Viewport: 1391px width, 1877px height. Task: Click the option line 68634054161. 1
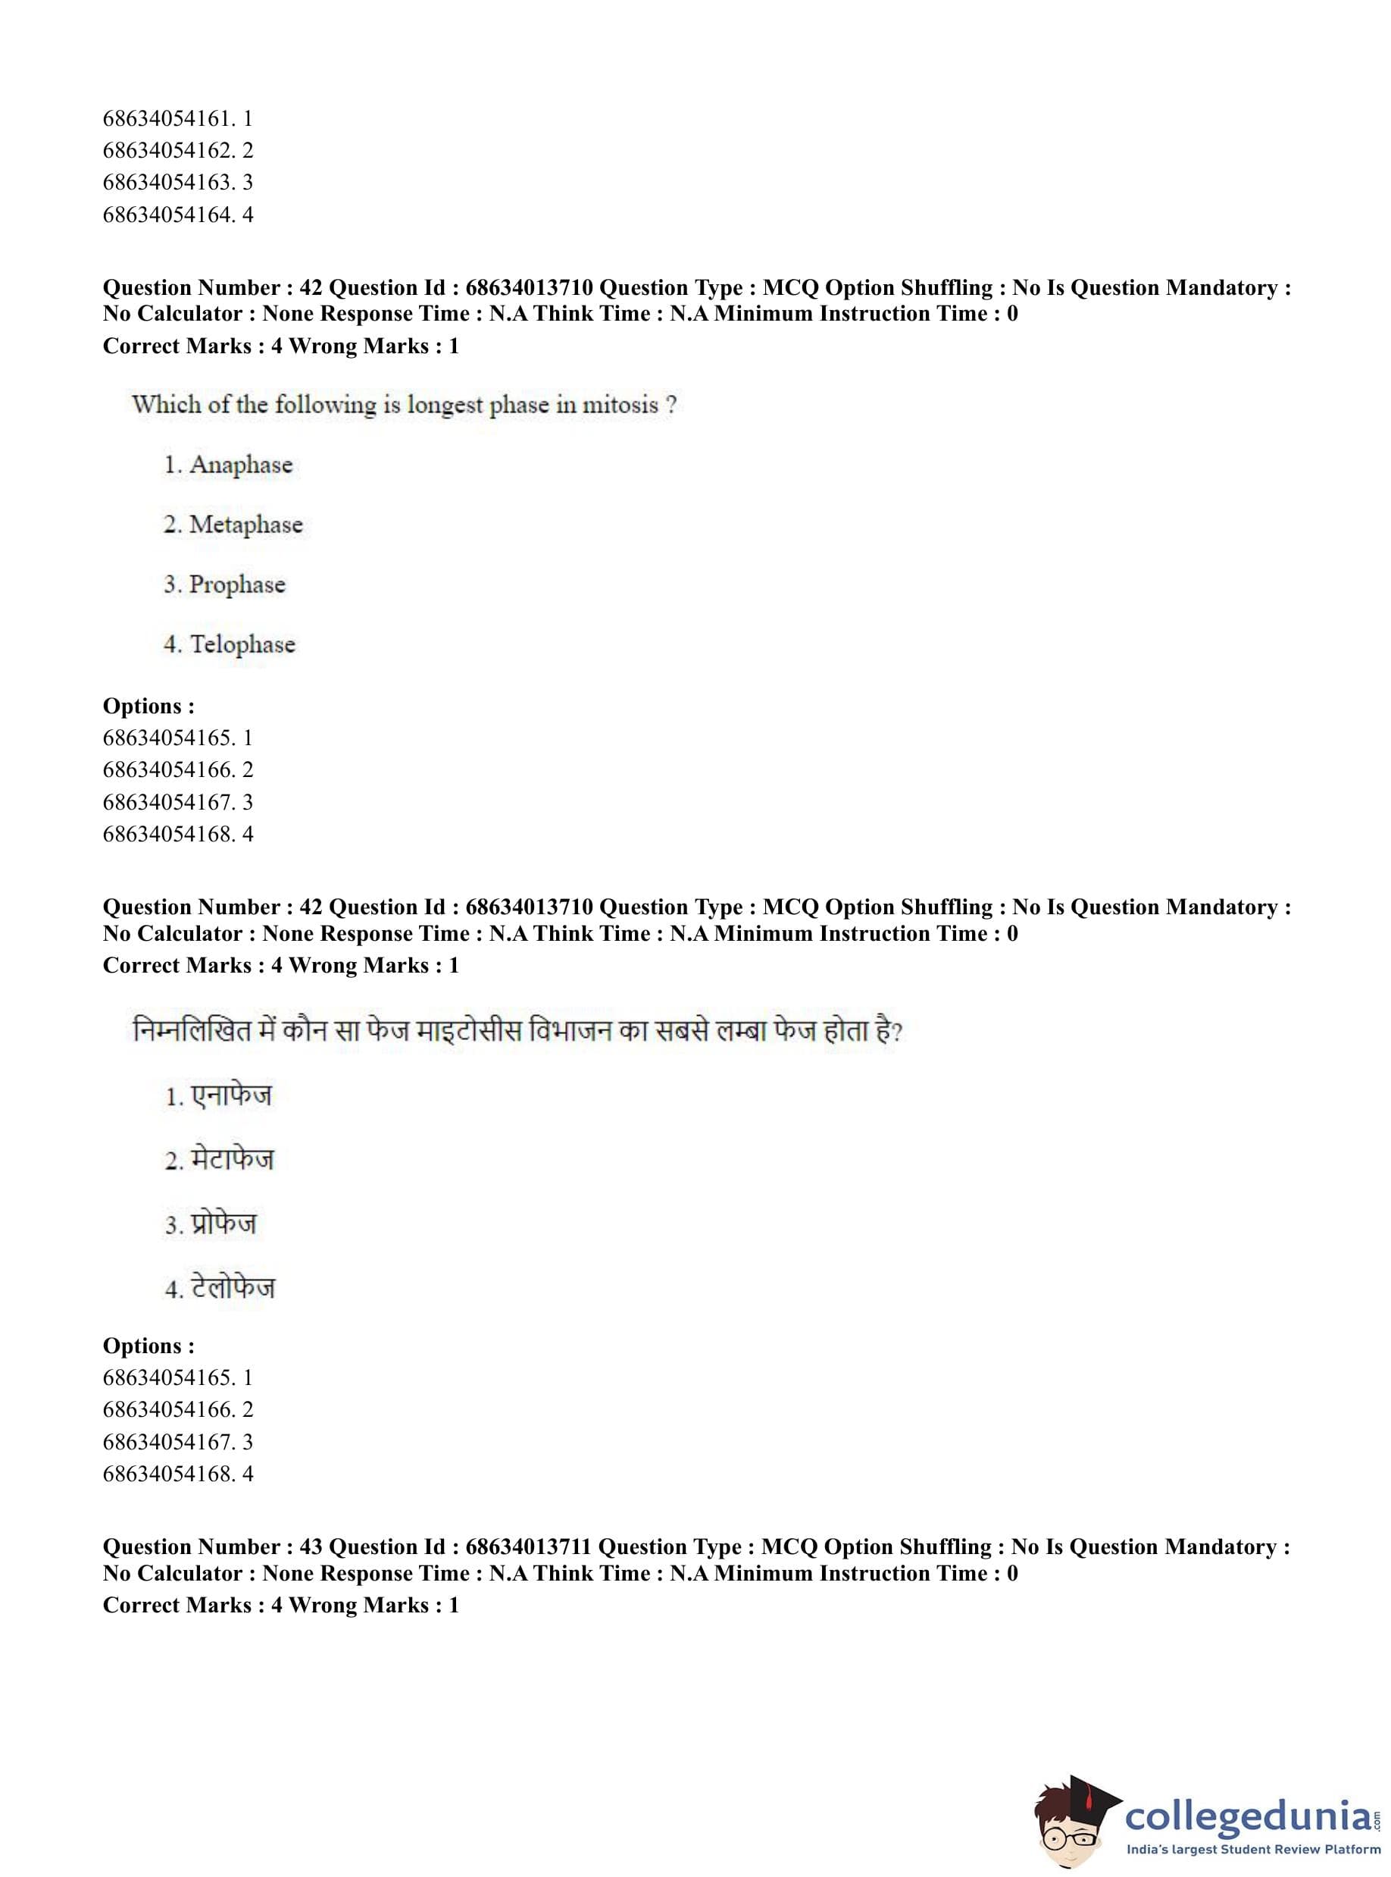178,119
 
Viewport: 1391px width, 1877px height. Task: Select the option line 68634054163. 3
178,183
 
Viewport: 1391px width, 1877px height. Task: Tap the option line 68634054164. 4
178,215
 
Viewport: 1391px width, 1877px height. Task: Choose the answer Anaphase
240,465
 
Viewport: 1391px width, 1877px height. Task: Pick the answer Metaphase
245,525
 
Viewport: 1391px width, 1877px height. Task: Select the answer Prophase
236,584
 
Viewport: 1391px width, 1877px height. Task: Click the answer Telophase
242,644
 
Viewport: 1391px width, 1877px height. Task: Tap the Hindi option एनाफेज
231,1096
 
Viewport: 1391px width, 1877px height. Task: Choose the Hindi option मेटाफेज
232,1160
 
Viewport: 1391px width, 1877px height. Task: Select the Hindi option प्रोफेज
223,1224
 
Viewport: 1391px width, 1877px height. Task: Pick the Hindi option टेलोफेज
233,1288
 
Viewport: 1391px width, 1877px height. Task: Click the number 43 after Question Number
311,1547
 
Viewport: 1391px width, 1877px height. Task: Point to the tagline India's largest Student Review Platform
1253,1850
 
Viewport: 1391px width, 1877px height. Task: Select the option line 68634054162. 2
178,151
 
